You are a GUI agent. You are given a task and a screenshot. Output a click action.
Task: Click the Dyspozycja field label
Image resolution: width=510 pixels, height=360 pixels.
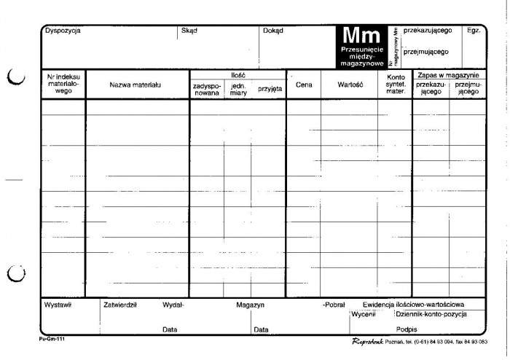pyautogui.click(x=63, y=31)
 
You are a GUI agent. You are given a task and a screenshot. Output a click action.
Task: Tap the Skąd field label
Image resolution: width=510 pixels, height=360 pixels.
pyautogui.click(x=189, y=31)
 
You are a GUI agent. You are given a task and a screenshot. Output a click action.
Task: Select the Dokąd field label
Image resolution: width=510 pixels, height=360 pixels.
pyautogui.click(x=272, y=31)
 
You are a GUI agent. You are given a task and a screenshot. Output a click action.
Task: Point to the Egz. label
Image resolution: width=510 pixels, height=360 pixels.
pyautogui.click(x=474, y=31)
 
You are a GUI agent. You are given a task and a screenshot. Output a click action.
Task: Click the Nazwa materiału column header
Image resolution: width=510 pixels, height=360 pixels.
pyautogui.click(x=136, y=85)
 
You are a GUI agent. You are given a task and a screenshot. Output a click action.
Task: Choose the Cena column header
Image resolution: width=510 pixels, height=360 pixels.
pyautogui.click(x=303, y=85)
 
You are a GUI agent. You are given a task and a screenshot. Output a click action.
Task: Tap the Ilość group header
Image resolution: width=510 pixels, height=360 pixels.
pyautogui.click(x=238, y=75)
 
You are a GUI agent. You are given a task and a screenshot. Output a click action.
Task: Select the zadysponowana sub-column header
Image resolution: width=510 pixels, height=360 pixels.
pyautogui.click(x=206, y=89)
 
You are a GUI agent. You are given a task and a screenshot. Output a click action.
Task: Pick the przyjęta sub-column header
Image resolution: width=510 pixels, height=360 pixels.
pyautogui.click(x=270, y=88)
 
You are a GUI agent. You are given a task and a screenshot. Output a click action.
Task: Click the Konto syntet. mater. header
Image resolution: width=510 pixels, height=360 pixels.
pyautogui.click(x=396, y=85)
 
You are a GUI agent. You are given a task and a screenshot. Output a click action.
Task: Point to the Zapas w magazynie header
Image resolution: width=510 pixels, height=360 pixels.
pyautogui.click(x=447, y=75)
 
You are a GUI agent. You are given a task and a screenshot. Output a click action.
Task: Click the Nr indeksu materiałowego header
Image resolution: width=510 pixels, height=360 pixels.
pyautogui.click(x=63, y=85)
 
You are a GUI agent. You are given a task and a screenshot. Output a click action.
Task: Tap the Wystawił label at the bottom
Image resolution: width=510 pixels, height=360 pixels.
pyautogui.click(x=58, y=305)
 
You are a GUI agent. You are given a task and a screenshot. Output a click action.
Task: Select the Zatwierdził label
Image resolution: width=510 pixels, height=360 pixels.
pyautogui.click(x=121, y=305)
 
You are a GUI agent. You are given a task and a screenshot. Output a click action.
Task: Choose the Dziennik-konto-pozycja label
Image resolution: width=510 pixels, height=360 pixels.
pyautogui.click(x=431, y=314)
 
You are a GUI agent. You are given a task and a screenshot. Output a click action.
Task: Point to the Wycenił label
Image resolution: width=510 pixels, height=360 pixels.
pyautogui.click(x=363, y=314)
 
